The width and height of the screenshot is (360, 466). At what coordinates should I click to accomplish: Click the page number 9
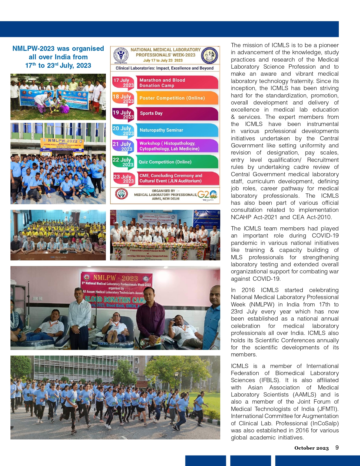[337, 448]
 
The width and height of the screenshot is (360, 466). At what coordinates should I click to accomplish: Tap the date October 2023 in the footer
[311, 448]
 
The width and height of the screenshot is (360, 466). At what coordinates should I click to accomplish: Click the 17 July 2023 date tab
[123, 82]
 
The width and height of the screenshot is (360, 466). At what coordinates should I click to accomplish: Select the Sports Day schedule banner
[177, 113]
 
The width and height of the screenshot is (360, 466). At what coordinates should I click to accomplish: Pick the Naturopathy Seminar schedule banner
[177, 130]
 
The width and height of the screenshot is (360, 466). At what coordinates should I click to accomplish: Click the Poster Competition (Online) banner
[177, 98]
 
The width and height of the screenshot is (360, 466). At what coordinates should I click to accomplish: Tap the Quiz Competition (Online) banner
[177, 162]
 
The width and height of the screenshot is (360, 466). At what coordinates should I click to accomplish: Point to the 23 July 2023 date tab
[123, 178]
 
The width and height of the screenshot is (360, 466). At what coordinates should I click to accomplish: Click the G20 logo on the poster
[207, 195]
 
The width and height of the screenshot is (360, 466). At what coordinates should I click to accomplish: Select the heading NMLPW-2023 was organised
[58, 49]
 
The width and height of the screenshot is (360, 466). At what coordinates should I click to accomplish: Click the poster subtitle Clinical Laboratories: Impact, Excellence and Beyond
[165, 68]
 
